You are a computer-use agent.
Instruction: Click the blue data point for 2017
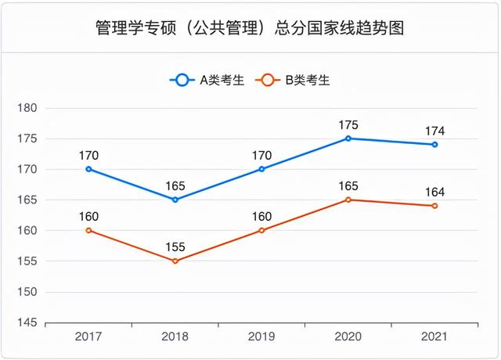click(88, 169)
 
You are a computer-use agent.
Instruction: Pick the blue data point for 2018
click(175, 200)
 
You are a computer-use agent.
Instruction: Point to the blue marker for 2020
click(348, 139)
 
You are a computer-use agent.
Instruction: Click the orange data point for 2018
click(175, 261)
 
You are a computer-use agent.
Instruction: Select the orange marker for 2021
click(434, 206)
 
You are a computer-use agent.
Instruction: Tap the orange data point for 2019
click(261, 230)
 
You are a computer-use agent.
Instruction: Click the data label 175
click(348, 124)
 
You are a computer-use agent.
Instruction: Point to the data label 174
click(434, 131)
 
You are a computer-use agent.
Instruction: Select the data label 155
click(175, 247)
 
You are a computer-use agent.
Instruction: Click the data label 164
click(434, 192)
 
